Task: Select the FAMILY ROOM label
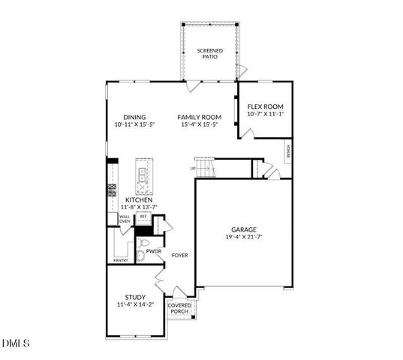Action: point(200,117)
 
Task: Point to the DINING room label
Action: point(134,117)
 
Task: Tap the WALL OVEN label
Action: point(125,219)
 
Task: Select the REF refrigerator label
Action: point(143,216)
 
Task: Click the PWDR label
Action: point(154,252)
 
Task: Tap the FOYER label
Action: point(179,255)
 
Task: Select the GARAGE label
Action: point(243,229)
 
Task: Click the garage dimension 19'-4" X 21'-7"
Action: point(243,237)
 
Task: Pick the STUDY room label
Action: point(135,297)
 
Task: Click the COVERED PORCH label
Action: point(179,308)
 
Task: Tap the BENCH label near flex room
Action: point(287,152)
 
